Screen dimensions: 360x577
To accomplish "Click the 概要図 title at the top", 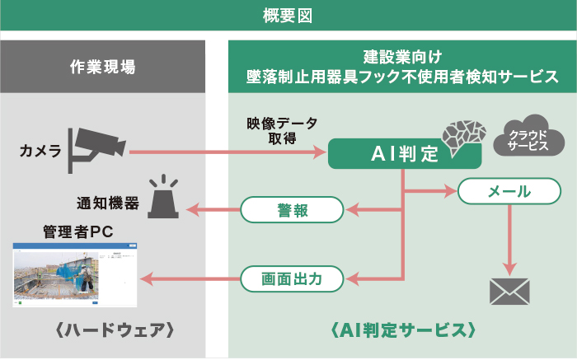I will click(x=288, y=15).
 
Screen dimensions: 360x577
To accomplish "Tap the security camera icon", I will click(x=98, y=144).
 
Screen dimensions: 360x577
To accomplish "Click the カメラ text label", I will click(x=40, y=151).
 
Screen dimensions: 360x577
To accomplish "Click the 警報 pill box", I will click(x=292, y=210).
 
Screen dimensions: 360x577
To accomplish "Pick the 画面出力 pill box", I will click(x=292, y=279).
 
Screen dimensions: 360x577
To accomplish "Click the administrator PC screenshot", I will click(x=76, y=274).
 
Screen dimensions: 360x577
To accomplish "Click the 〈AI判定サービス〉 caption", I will click(x=401, y=331).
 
